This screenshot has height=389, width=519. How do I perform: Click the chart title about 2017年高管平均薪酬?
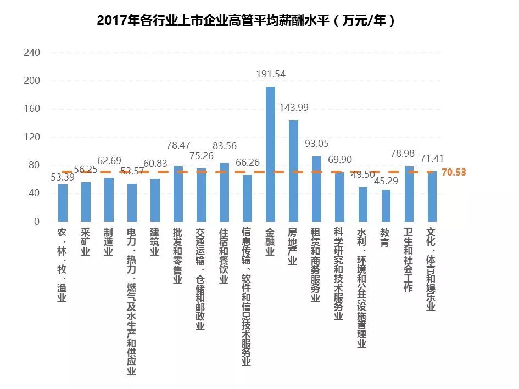coord(245,20)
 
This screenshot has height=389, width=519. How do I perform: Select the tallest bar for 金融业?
coord(271,154)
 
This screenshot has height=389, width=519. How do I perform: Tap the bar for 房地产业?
coord(294,171)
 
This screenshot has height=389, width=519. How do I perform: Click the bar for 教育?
coord(386,206)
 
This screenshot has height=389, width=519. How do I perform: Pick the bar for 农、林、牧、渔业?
coord(63,203)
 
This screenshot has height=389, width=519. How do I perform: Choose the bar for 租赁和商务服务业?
coord(317,189)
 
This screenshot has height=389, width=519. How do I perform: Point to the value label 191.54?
coord(271,74)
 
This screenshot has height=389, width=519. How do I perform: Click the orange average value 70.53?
coord(453,172)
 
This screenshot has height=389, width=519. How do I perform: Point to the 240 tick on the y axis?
coord(32,53)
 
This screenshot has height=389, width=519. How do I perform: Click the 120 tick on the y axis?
coord(32,137)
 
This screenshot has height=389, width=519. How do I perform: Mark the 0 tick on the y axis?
coord(37,222)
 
